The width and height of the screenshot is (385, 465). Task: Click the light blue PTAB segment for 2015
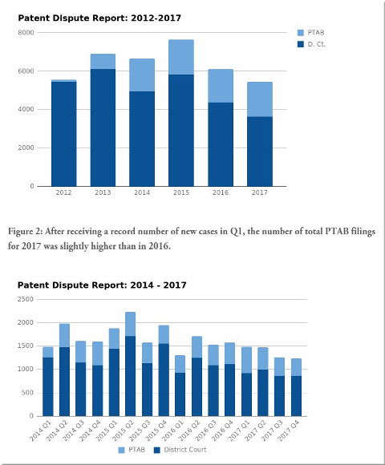(181, 57)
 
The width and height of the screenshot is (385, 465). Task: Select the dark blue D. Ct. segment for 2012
(64, 134)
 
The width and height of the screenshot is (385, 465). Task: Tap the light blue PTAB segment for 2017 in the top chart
(260, 99)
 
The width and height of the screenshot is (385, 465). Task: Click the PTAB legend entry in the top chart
(311, 32)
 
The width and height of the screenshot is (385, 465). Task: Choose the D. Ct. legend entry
(311, 44)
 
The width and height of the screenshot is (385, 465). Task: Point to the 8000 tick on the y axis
(26, 33)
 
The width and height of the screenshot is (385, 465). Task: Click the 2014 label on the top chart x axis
(142, 192)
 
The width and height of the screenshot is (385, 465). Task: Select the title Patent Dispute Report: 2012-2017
(99, 18)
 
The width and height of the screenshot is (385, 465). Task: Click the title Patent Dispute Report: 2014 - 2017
(102, 285)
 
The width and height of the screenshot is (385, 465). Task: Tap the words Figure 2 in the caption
(25, 232)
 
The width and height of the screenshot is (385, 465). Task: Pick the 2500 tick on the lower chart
(26, 299)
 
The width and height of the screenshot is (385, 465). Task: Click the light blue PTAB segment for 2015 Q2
(130, 324)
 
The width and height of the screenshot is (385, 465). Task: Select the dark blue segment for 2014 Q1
(48, 386)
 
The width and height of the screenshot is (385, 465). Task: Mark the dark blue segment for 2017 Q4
(296, 396)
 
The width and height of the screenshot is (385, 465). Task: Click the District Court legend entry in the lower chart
(180, 450)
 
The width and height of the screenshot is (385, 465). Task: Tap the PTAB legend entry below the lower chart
(132, 450)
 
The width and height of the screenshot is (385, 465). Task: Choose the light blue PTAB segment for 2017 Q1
(246, 360)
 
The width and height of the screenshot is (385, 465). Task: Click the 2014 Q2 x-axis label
(58, 430)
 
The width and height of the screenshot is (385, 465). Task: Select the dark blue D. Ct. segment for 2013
(103, 127)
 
